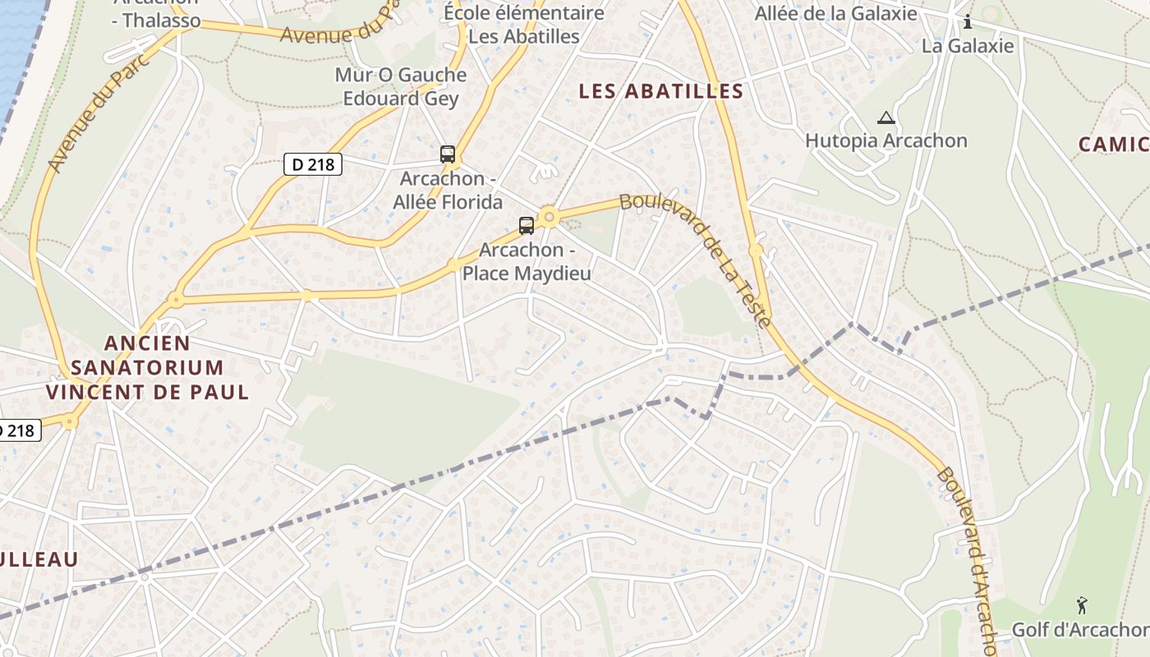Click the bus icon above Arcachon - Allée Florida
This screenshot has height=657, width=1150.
[x=448, y=154]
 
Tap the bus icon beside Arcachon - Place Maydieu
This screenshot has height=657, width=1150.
[x=527, y=225]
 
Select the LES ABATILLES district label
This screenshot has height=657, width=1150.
[x=661, y=91]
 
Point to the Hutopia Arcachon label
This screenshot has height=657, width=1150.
[x=886, y=140]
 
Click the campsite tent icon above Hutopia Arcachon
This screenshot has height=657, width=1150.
[x=885, y=117]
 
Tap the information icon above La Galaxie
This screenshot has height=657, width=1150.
[x=968, y=21]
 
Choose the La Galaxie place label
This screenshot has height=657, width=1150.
[x=968, y=46]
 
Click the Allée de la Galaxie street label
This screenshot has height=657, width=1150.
[x=835, y=13]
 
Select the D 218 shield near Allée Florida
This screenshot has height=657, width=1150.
[x=313, y=164]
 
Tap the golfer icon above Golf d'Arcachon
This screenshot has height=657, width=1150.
[x=1082, y=606]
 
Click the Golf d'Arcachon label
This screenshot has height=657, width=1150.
[x=1079, y=630]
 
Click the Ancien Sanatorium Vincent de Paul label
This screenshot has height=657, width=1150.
[x=148, y=367]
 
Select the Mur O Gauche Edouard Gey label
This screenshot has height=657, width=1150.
[x=401, y=86]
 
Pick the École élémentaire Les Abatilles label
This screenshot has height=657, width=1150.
[x=524, y=25]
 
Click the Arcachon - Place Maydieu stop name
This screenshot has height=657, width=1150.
[x=527, y=261]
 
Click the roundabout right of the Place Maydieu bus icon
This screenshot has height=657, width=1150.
[x=550, y=218]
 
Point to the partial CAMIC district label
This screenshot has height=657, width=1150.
[x=1114, y=145]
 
